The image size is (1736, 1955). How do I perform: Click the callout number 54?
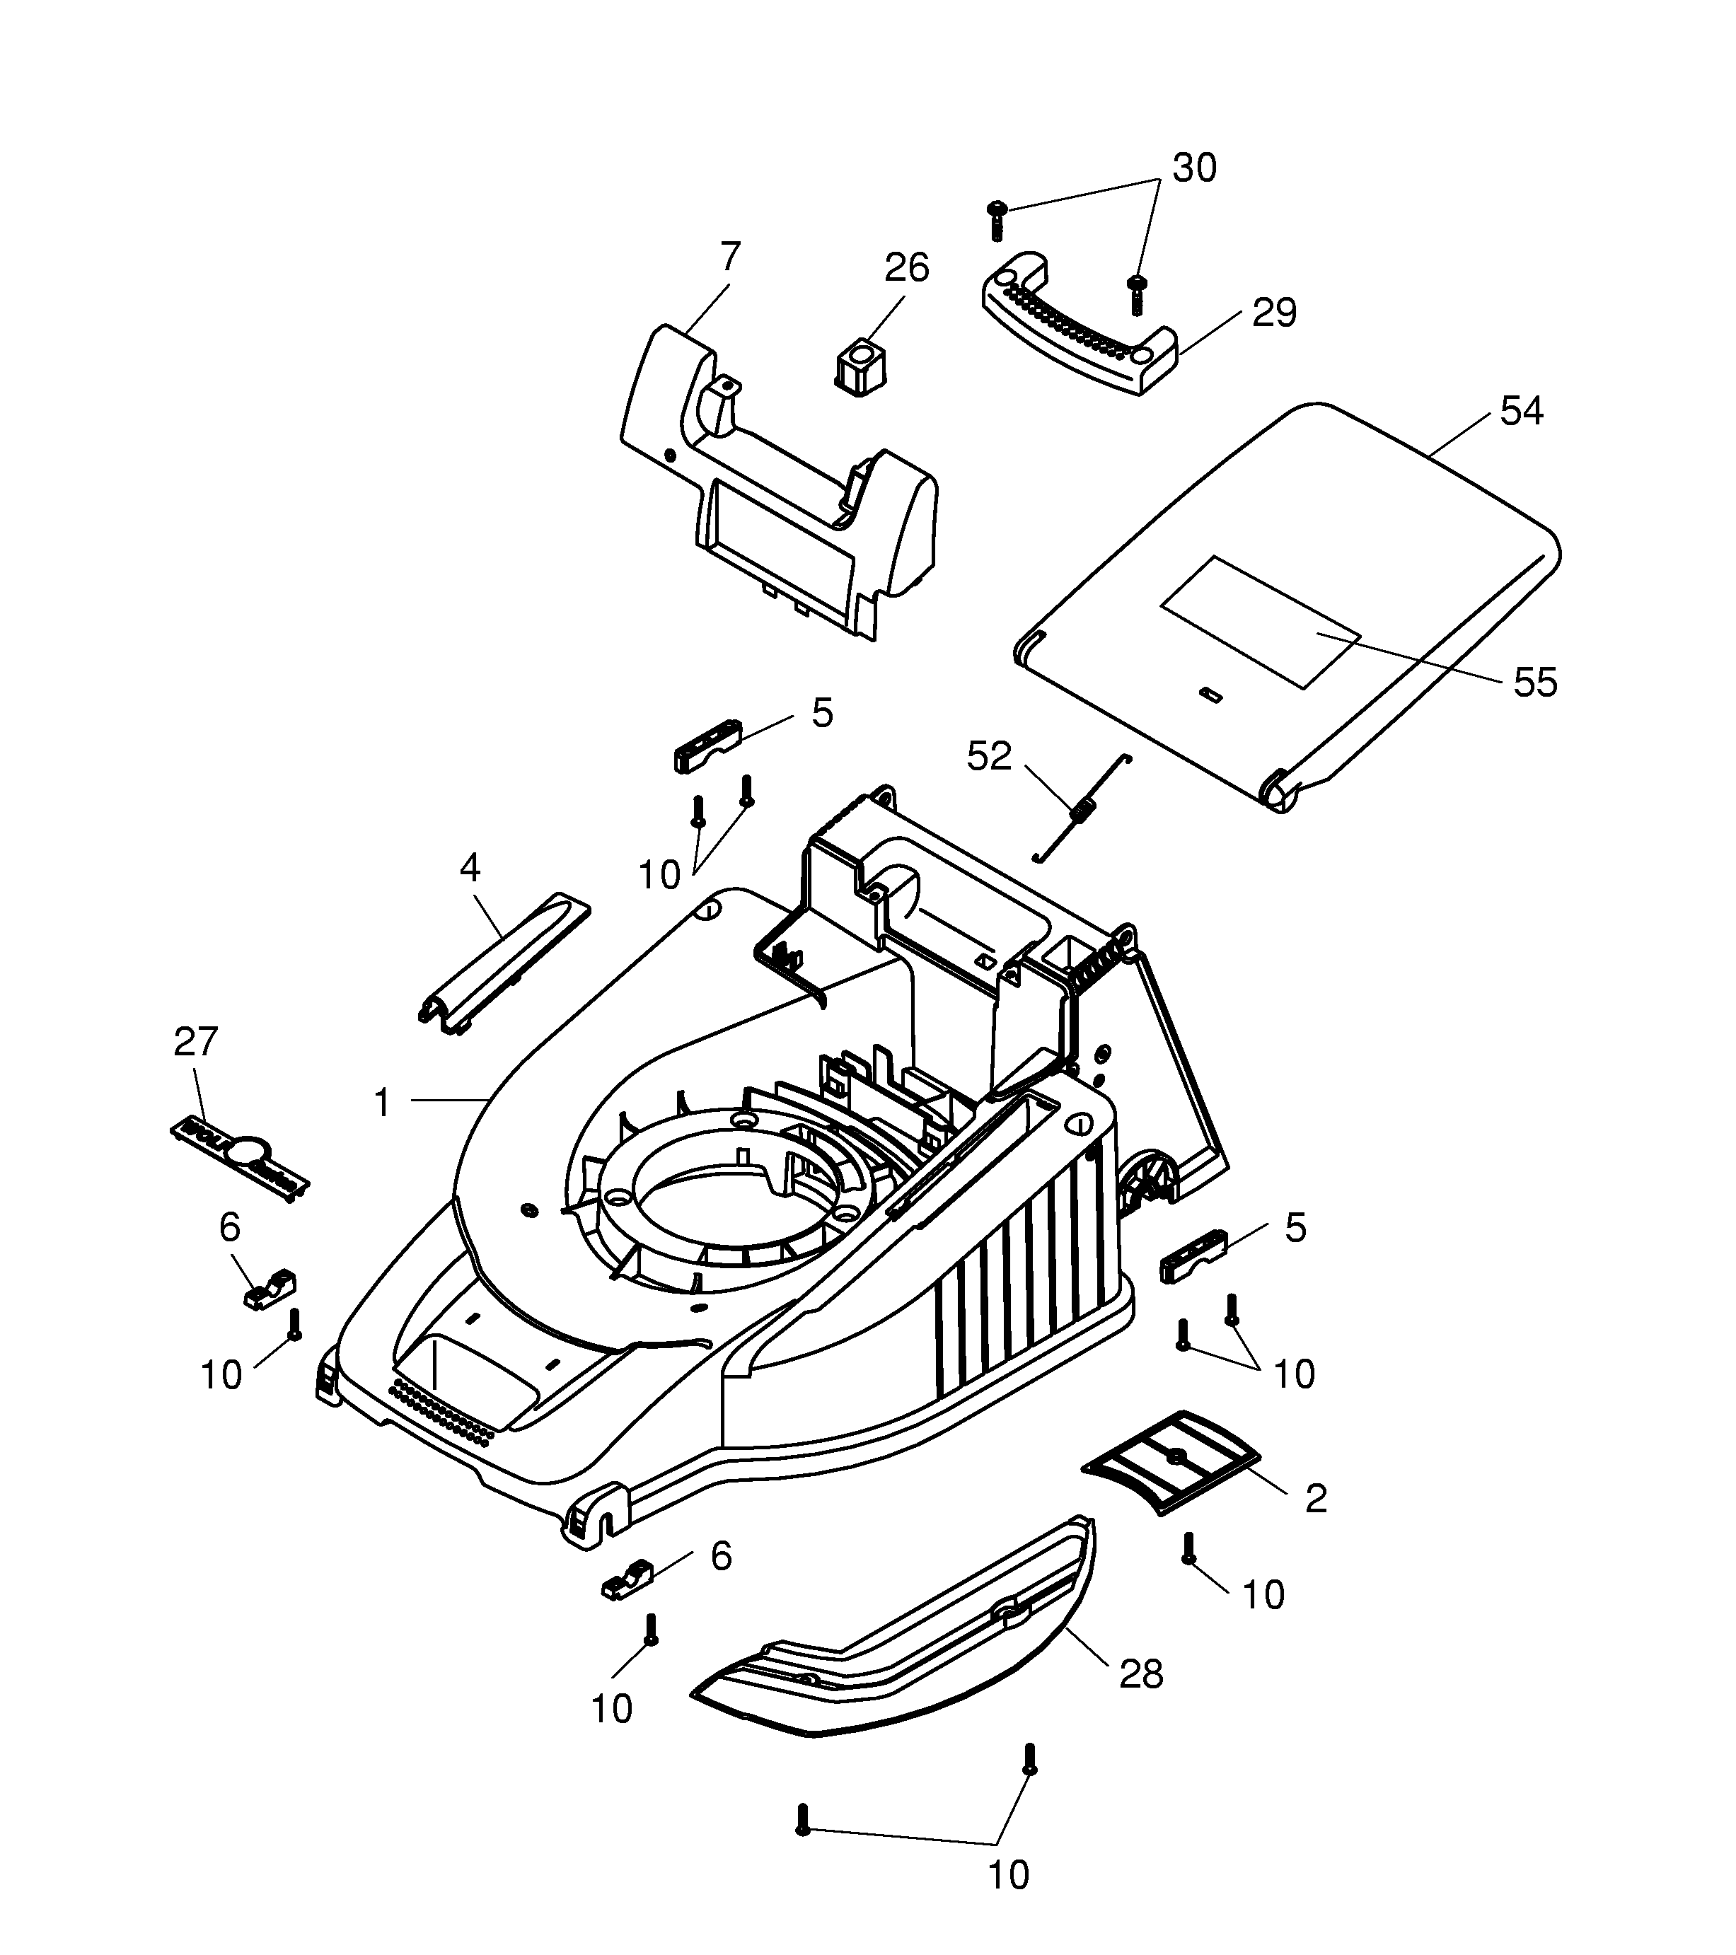[x=1521, y=412]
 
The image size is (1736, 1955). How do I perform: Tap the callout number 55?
[x=1535, y=683]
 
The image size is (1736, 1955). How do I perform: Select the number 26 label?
[x=905, y=269]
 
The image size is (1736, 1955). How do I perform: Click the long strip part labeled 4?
[x=505, y=963]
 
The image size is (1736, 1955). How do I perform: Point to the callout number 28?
[x=1140, y=1673]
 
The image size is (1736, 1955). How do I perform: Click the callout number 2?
[x=1316, y=1499]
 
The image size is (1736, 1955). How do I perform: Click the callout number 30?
[x=1195, y=168]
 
